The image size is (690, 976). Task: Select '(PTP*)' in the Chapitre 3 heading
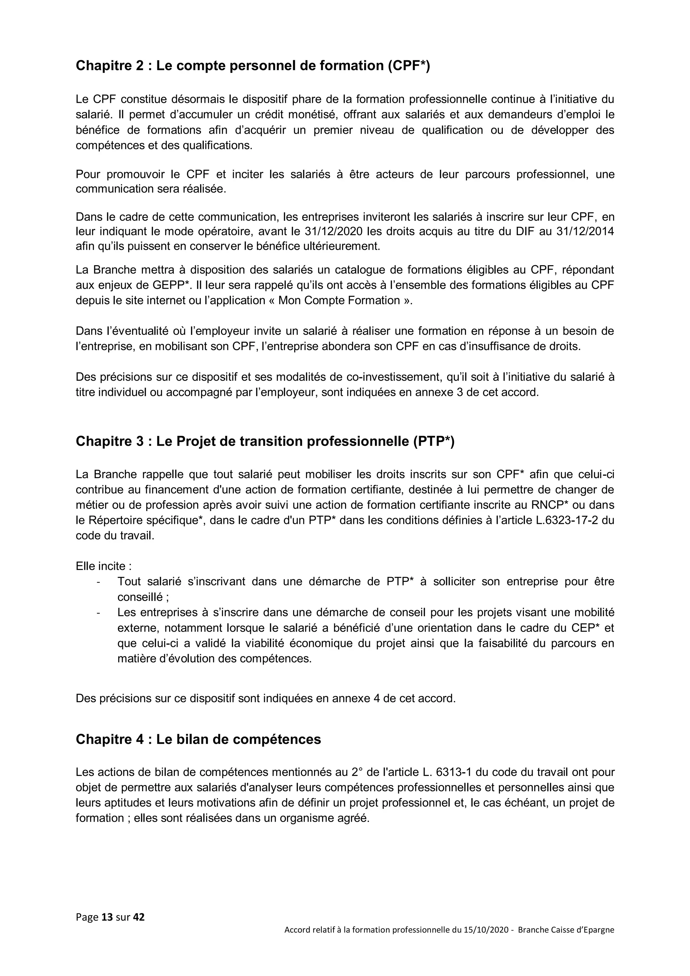[433, 442]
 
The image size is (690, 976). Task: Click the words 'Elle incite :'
[103, 566]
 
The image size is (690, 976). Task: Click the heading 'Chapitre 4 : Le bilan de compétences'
[198, 739]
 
